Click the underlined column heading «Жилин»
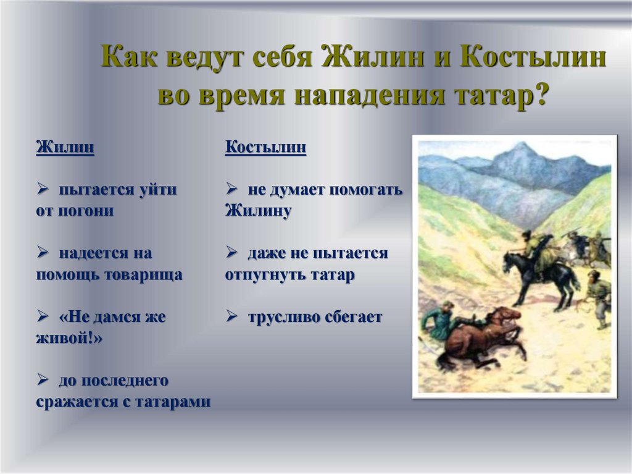click(x=65, y=148)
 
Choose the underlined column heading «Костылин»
click(x=265, y=148)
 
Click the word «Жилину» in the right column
click(x=258, y=210)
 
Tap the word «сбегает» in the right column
click(x=352, y=318)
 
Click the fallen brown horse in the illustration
click(x=488, y=337)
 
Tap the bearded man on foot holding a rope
click(x=597, y=294)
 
